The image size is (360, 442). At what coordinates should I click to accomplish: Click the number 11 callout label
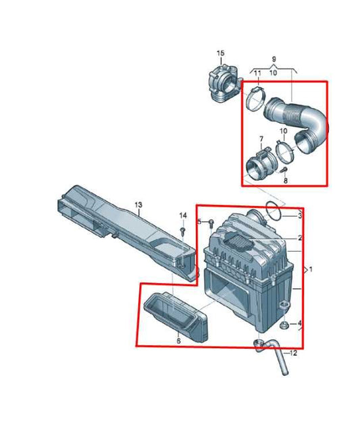257,72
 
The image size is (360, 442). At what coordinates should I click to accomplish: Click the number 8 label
286,182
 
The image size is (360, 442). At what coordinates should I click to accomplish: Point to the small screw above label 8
286,169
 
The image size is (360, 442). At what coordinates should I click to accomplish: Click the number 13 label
138,204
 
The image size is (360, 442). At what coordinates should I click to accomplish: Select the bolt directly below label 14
183,231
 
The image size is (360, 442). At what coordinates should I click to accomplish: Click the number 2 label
300,239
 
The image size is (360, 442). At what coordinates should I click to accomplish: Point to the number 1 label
311,270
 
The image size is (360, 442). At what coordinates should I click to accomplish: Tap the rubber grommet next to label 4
286,325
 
